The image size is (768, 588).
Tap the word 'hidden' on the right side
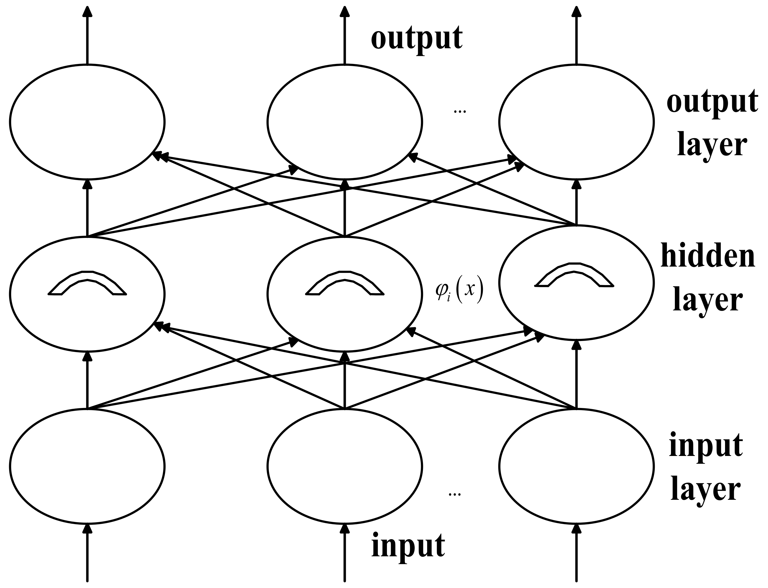pyautogui.click(x=707, y=257)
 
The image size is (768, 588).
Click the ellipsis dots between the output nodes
pyautogui.click(x=459, y=112)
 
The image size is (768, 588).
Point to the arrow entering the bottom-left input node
pyautogui.click(x=87, y=553)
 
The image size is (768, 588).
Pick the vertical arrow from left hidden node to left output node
pyautogui.click(x=87, y=208)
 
